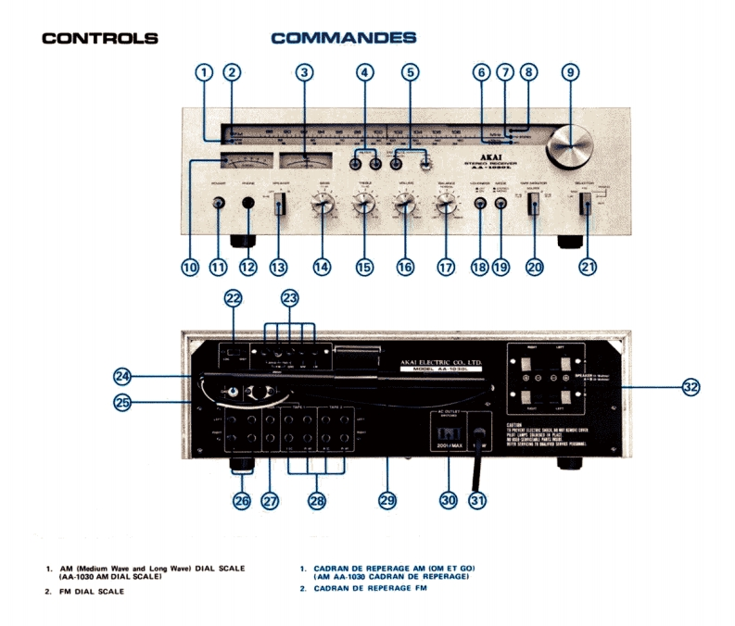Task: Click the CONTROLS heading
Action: [100, 39]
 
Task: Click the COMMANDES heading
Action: [343, 39]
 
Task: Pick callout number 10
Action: [190, 267]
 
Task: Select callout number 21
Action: [587, 267]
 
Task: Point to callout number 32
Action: [691, 387]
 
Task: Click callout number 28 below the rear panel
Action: [317, 500]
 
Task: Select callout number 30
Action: [449, 500]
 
